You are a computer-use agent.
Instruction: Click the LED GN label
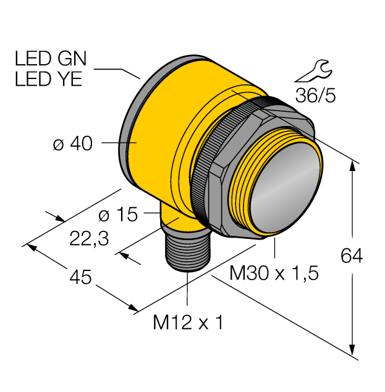coord(51,59)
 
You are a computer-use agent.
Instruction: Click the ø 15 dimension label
coord(118,215)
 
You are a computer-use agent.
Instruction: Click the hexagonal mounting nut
coord(226,185)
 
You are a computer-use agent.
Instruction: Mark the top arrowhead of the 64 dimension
coord(353,165)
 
